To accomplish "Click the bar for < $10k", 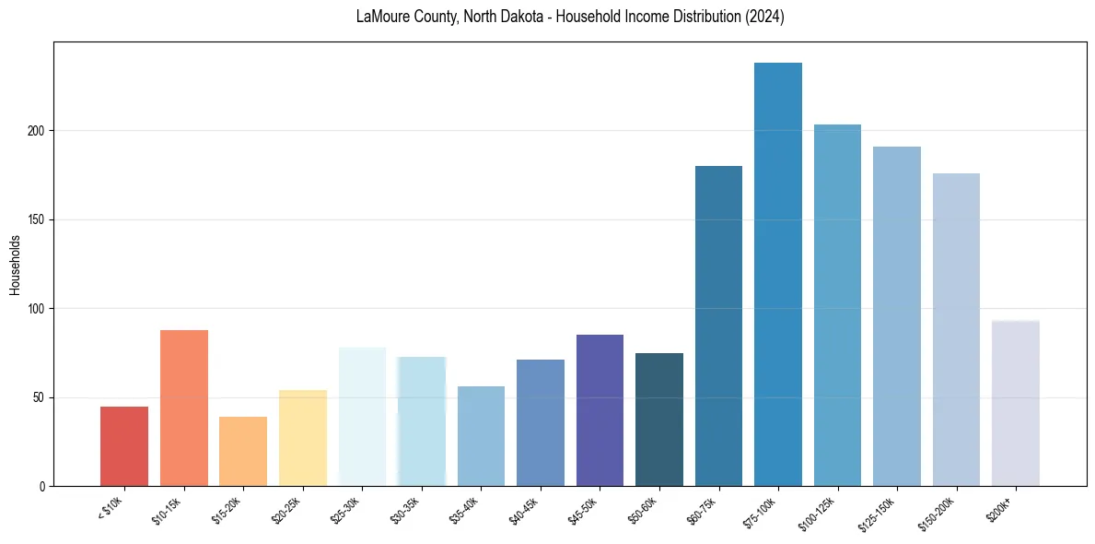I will pos(124,446).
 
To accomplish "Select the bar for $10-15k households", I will pos(184,408).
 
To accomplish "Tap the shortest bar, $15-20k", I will pos(243,451).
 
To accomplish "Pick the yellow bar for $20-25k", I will pos(303,438).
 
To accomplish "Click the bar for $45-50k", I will pos(600,410).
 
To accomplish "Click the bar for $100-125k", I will pos(837,305).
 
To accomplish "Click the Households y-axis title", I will pos(15,265).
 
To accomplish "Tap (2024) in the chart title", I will pos(767,18).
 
